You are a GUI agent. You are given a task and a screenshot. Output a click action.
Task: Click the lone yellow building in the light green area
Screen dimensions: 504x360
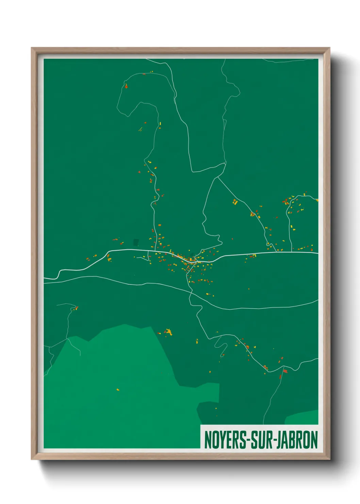(x=118, y=390)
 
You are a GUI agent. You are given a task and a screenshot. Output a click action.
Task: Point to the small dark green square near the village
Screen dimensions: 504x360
(x=136, y=242)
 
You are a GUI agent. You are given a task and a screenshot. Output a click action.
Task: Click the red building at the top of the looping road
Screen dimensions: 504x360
(x=126, y=86)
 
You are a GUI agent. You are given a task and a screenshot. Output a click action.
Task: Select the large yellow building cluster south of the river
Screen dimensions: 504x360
(x=168, y=331)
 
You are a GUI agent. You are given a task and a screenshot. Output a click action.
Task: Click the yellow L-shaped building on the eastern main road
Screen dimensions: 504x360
(x=254, y=255)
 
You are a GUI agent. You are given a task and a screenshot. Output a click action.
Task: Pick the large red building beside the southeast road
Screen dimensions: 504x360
(x=285, y=371)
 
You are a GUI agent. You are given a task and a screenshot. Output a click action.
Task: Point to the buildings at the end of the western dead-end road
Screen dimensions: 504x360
(x=76, y=308)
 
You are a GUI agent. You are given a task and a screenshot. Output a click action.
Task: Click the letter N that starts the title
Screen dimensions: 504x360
(x=208, y=440)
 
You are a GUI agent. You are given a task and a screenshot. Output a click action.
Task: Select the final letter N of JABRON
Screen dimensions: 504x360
(x=314, y=440)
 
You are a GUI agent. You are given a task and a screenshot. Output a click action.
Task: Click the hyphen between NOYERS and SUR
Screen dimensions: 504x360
(x=249, y=441)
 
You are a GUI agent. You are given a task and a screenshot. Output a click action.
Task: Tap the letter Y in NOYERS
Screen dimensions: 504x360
(x=222, y=440)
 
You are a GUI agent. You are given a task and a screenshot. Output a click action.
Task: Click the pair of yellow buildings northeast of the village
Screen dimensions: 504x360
(x=235, y=202)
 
